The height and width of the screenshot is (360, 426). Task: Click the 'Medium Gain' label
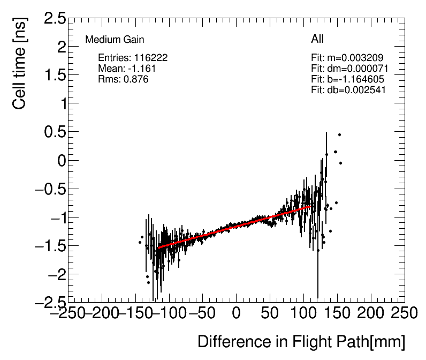tap(115, 40)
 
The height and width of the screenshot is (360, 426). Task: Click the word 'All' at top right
tap(317, 39)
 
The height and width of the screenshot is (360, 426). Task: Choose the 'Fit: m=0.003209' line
tap(347, 58)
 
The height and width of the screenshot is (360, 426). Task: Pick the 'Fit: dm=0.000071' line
tap(349, 69)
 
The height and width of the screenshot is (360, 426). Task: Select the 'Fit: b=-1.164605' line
tap(347, 79)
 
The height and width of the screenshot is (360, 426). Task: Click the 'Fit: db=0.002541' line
tap(348, 90)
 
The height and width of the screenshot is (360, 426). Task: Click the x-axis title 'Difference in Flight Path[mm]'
tap(301, 342)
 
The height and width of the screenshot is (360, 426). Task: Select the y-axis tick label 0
tap(61, 160)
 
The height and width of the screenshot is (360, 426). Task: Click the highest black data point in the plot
tap(339, 134)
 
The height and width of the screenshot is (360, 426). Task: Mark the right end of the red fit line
tap(312, 206)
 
